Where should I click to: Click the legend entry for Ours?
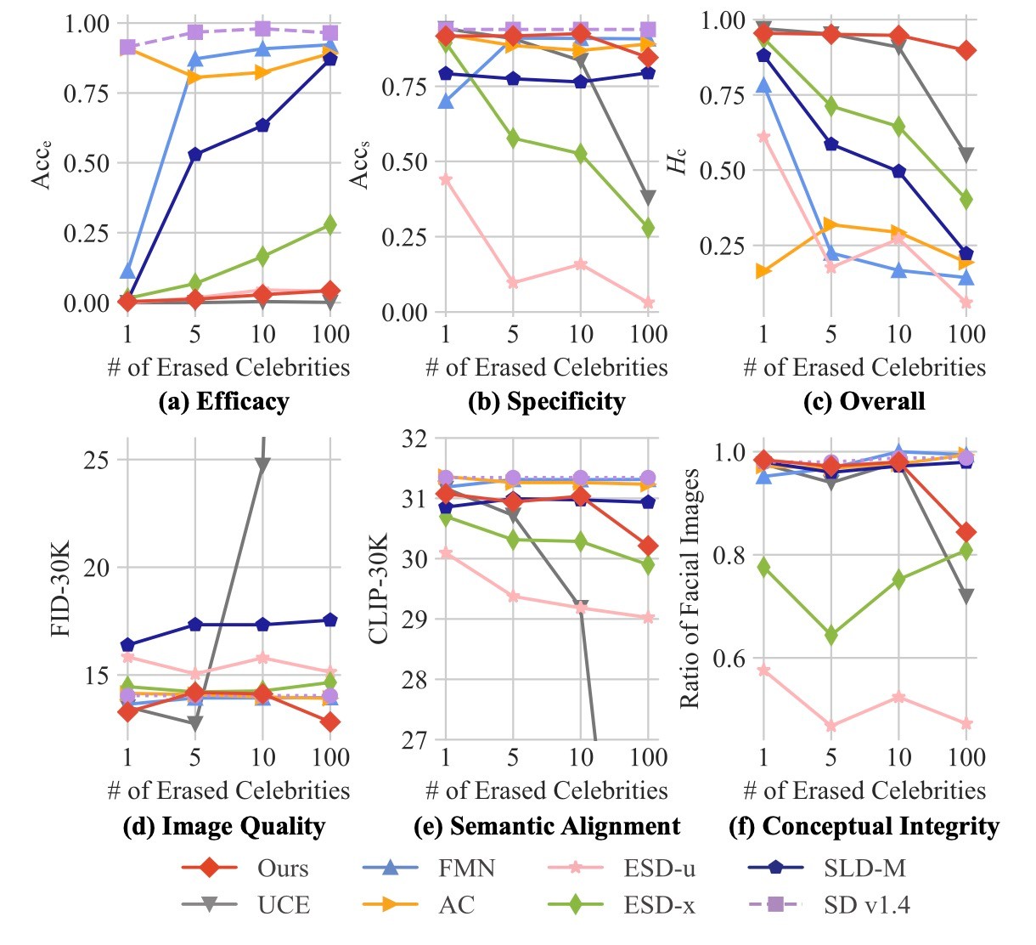(x=283, y=868)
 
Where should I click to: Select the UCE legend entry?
(x=284, y=904)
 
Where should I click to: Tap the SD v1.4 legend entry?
(x=866, y=904)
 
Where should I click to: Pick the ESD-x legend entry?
(x=659, y=904)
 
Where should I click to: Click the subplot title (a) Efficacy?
(x=224, y=401)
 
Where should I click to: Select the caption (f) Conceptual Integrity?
(x=864, y=826)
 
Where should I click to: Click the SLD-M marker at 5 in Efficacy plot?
(x=195, y=155)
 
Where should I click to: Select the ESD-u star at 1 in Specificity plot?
(x=445, y=179)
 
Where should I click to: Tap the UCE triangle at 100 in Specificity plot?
(x=648, y=198)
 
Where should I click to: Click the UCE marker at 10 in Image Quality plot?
(x=262, y=465)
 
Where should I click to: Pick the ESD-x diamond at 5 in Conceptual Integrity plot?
(x=830, y=635)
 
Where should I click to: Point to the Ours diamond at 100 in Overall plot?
(x=966, y=50)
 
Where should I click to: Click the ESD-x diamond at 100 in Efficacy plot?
(x=329, y=224)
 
